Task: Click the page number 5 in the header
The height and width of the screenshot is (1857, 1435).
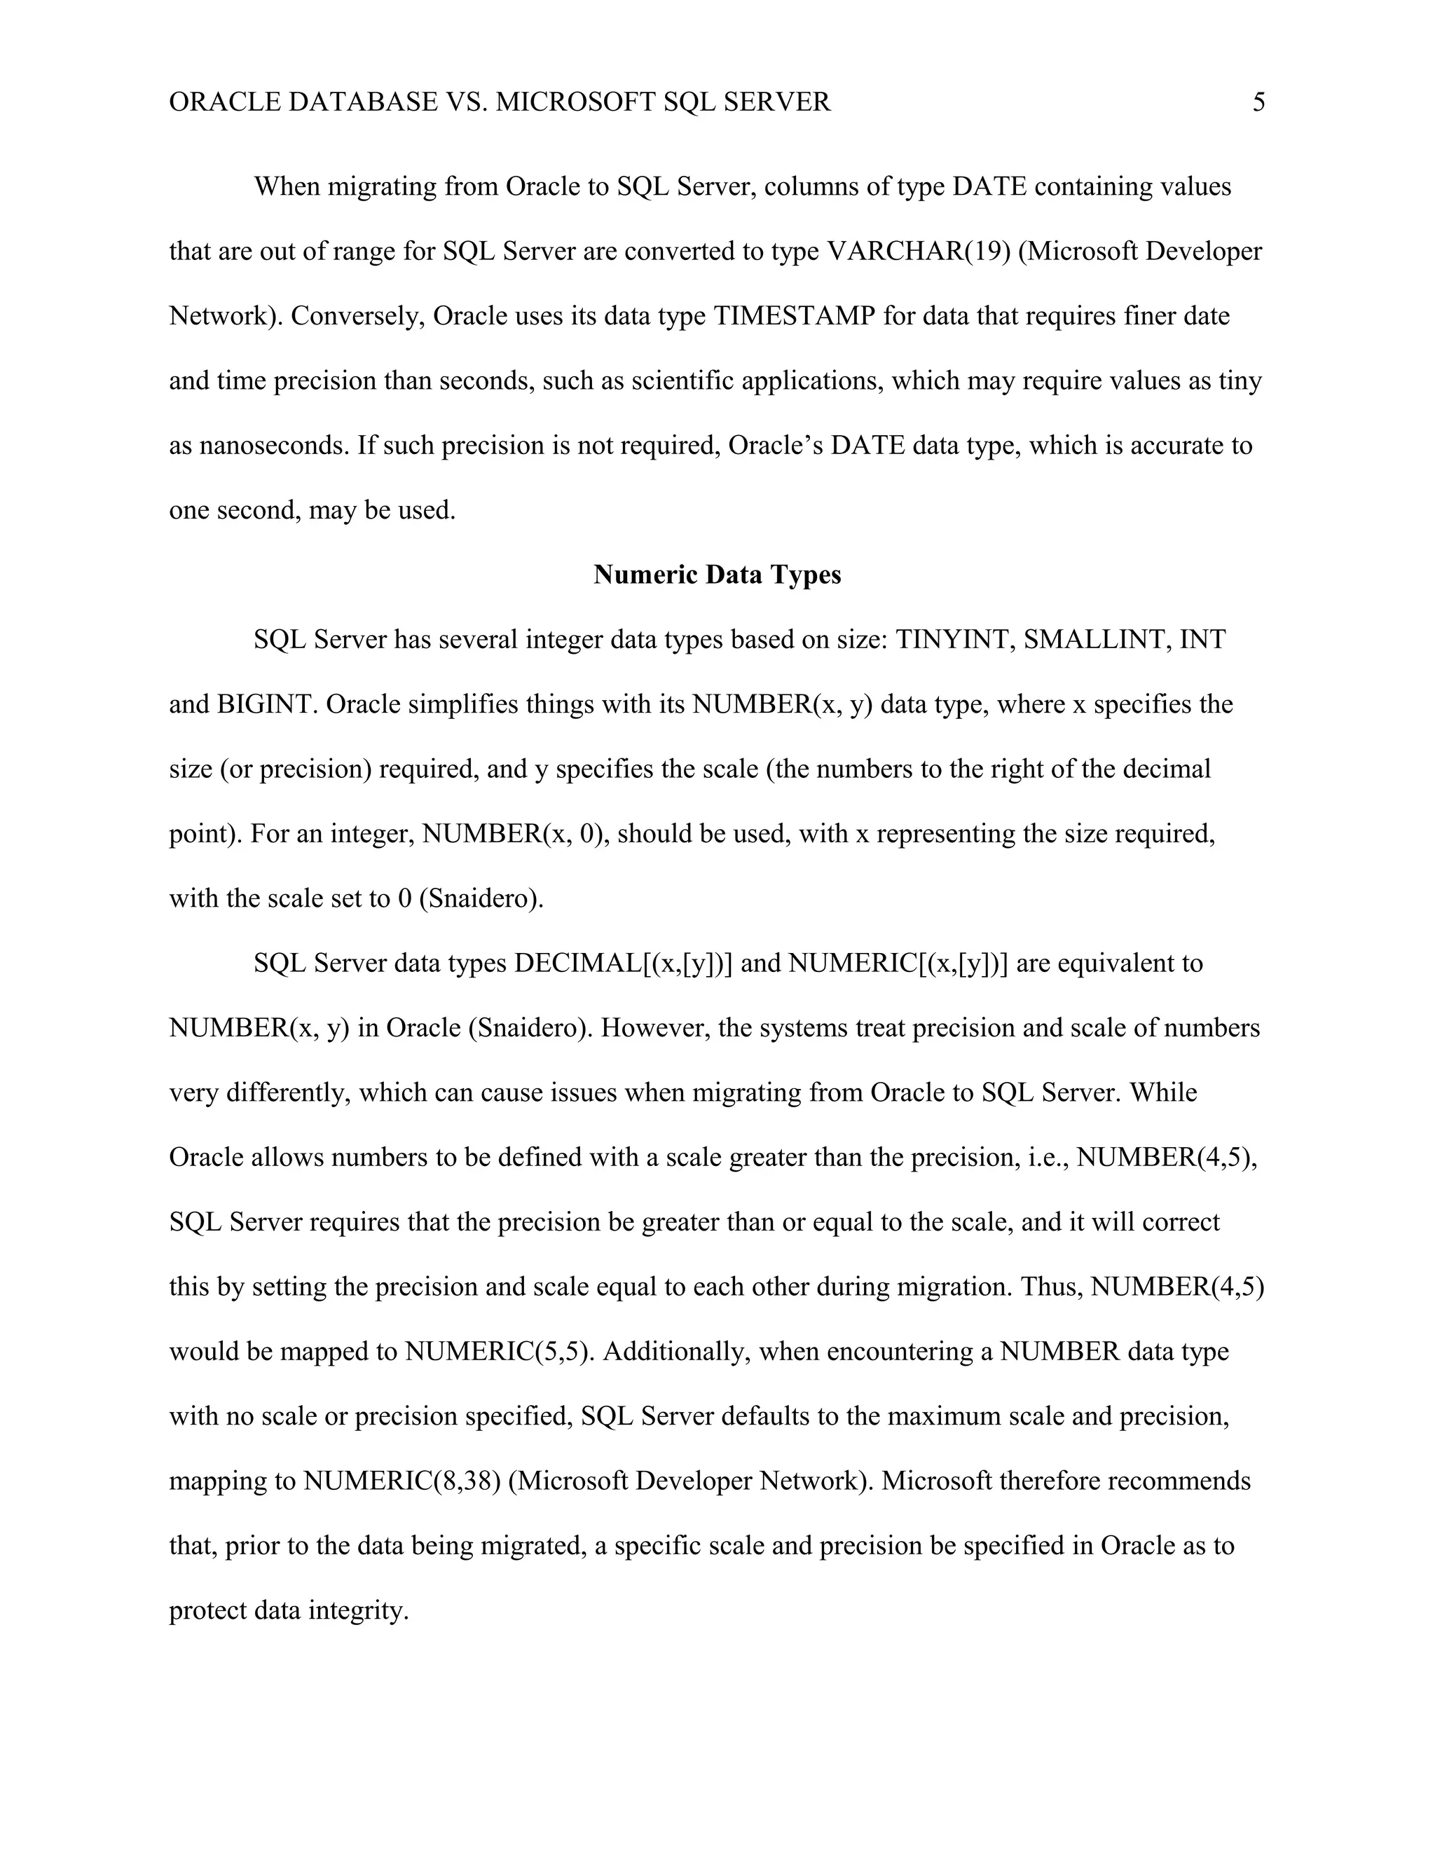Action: tap(1258, 103)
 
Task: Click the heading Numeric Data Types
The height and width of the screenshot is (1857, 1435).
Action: tap(717, 575)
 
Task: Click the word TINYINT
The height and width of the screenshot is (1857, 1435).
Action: tap(955, 639)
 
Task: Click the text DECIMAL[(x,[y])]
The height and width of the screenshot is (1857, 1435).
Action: tap(623, 964)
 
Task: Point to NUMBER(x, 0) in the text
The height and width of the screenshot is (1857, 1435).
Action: tap(515, 834)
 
